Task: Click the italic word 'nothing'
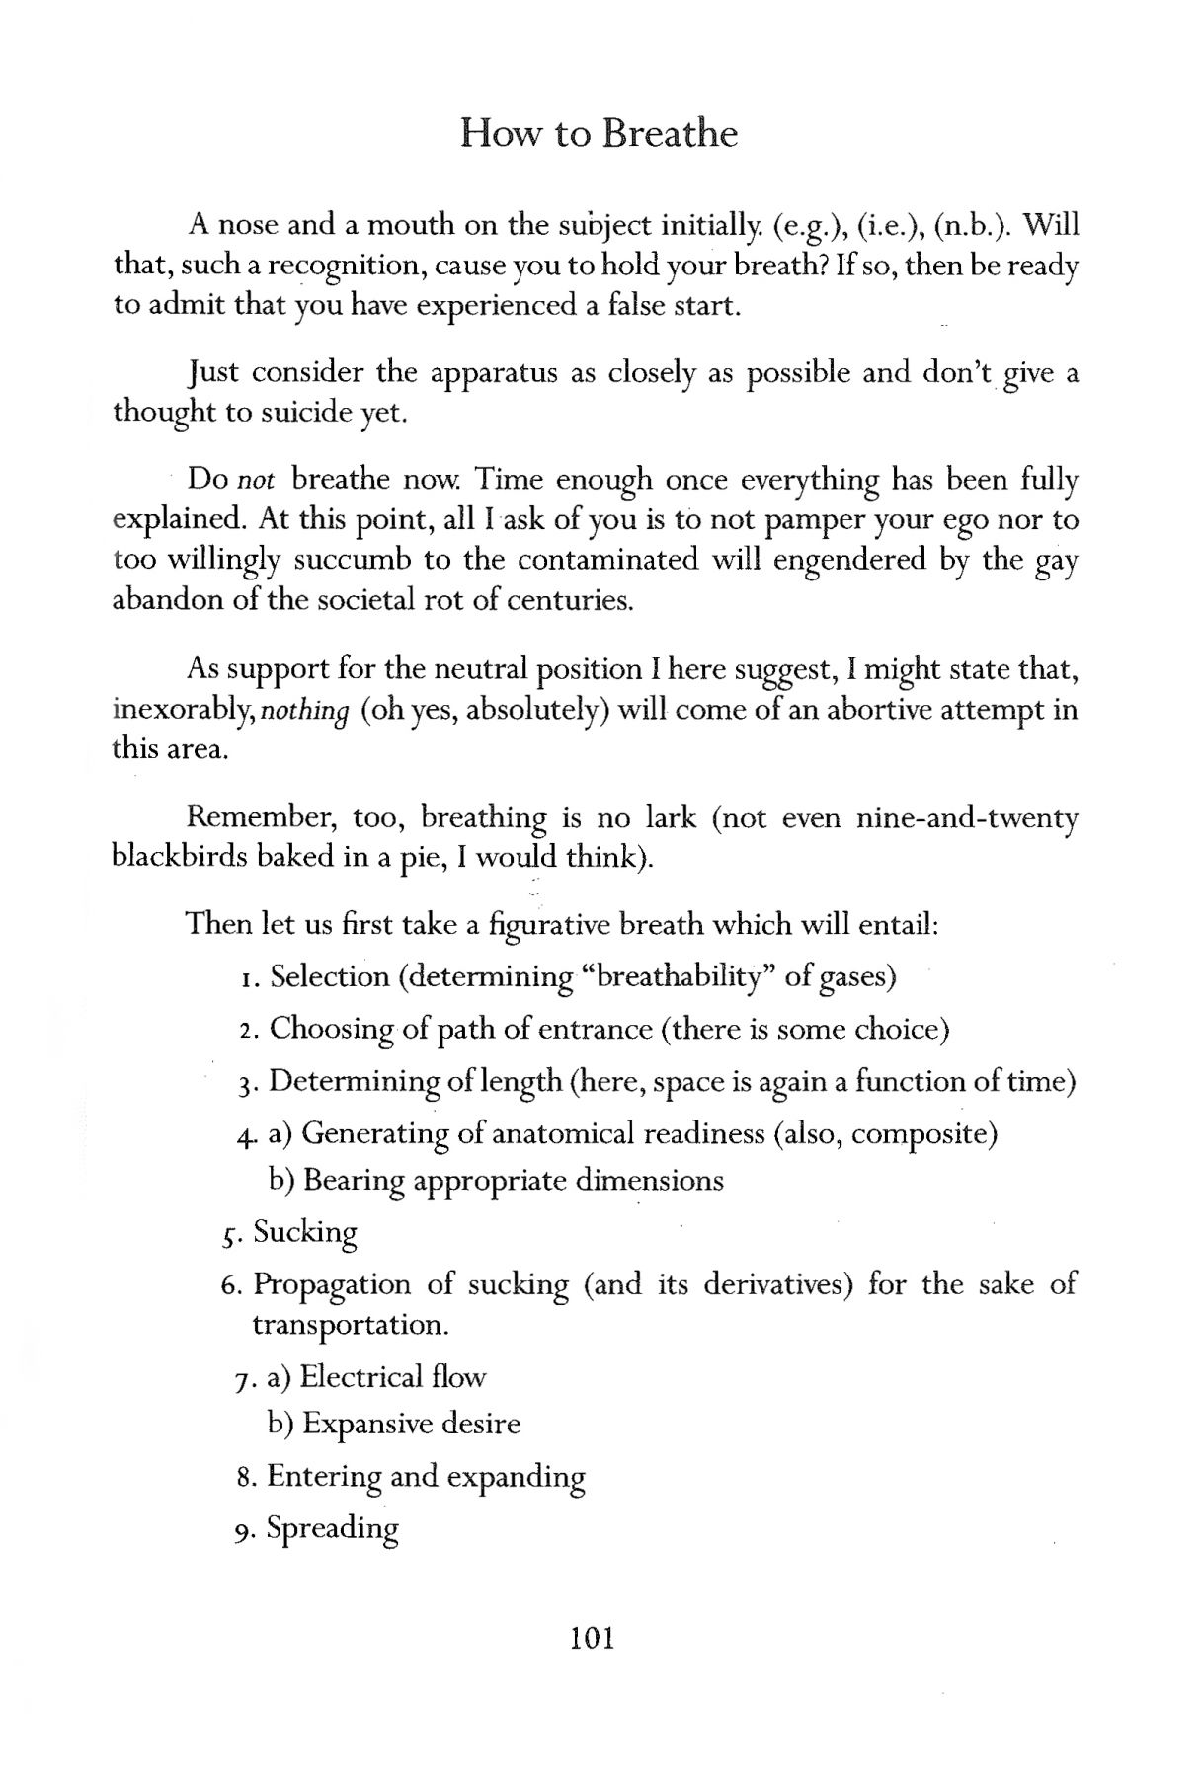click(x=305, y=711)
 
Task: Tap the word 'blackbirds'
click(x=179, y=856)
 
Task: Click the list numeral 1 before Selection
click(x=247, y=978)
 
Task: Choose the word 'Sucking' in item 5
click(x=305, y=1232)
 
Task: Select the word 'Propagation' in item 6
click(x=329, y=1285)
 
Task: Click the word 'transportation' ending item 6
click(x=350, y=1324)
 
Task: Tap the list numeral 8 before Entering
click(x=247, y=1478)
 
